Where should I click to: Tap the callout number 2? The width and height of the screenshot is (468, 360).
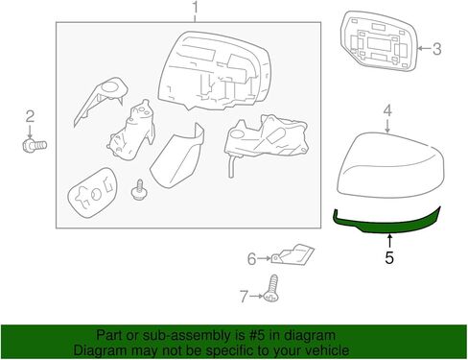pos(30,117)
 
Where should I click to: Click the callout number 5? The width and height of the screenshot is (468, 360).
pos(388,257)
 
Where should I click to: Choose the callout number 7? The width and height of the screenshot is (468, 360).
pos(244,296)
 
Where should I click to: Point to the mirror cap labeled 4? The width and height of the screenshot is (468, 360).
pos(388,167)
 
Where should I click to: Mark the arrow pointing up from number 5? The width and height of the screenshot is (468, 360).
pos(388,241)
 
